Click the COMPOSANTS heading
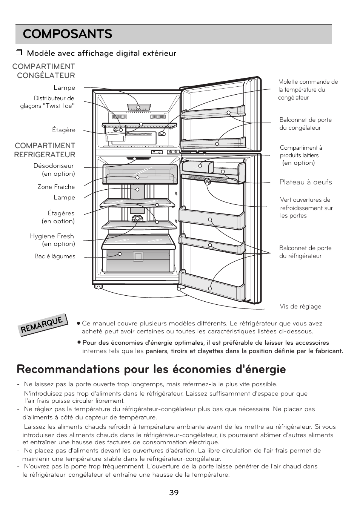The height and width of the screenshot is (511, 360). point(68,34)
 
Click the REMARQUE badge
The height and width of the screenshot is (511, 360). point(43,325)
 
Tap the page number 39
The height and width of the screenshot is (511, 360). point(174,493)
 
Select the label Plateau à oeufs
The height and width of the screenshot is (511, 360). point(306,182)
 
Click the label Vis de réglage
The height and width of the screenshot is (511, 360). point(300,307)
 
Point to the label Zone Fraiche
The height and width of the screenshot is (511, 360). point(56,187)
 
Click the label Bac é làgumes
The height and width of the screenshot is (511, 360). point(55,256)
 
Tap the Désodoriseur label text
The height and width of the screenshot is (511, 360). point(54,166)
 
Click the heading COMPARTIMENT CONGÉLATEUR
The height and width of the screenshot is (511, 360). point(44,71)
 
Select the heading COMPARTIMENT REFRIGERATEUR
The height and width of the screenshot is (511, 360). point(45,150)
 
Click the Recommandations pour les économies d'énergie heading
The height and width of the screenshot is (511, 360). point(151,369)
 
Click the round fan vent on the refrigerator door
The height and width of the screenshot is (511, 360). point(207,182)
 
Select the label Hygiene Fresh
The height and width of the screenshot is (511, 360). point(52,236)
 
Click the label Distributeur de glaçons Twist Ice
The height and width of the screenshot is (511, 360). point(48,102)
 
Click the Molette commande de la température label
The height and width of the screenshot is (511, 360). point(308,90)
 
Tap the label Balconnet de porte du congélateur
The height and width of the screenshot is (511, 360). point(305,124)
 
